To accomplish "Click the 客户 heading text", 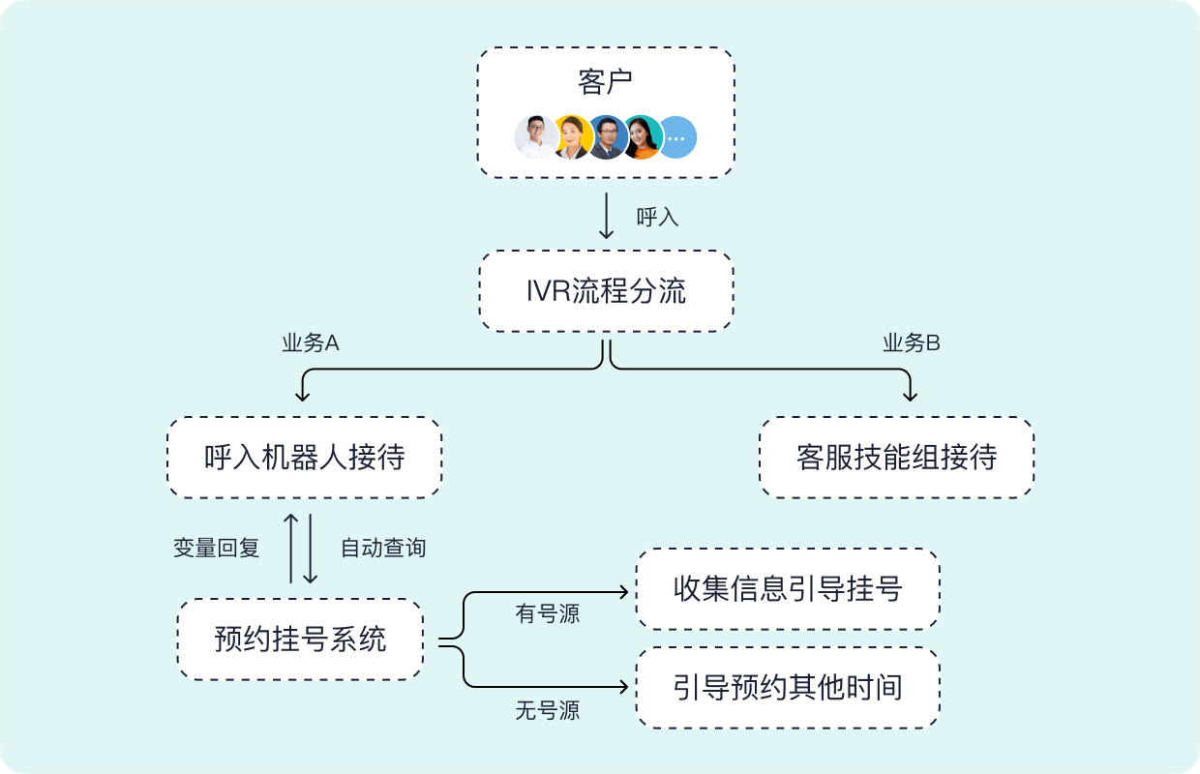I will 605,82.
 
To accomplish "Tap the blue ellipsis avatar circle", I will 676,137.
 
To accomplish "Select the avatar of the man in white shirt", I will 535,137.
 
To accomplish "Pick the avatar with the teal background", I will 642,137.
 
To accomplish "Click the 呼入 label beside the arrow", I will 657,218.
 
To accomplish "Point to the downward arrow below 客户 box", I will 607,216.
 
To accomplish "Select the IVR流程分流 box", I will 606,291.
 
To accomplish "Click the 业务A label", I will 310,343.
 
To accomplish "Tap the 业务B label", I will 911,343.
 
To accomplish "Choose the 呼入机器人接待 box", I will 304,458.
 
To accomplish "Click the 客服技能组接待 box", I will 896,458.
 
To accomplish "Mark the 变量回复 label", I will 216,549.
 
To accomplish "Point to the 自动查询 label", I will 382,549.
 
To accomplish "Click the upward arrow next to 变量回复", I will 291,548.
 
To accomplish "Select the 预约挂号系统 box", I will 300,640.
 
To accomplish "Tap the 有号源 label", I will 547,614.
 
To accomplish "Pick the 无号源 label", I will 547,712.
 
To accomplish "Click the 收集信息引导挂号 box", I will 787,589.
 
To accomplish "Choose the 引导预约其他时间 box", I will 787,688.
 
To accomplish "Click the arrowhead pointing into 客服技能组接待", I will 909,394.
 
